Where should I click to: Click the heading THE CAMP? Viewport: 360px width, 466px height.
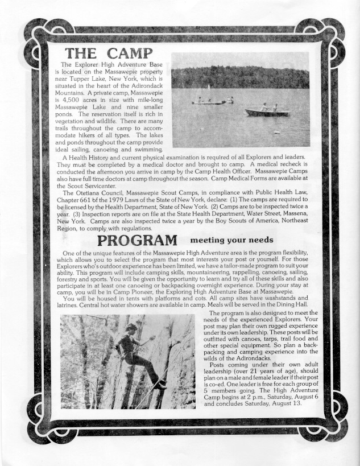pos(110,53)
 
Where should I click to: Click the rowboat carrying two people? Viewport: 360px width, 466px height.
pos(267,111)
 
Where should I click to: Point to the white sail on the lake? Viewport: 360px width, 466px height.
pos(210,87)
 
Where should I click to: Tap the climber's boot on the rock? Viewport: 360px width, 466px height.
pos(162,385)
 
